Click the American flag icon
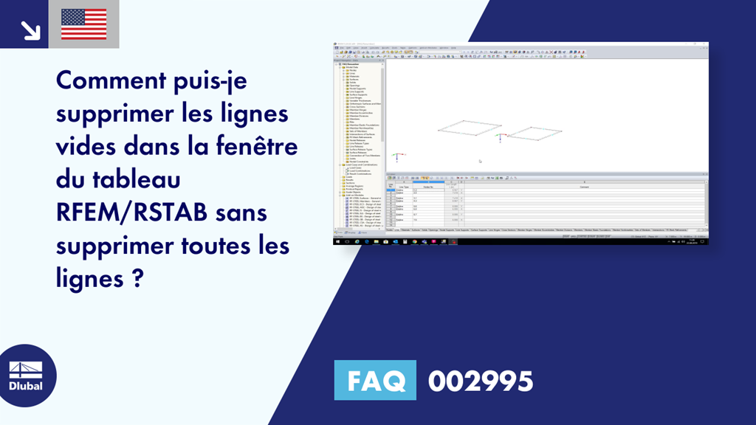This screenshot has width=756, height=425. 83,24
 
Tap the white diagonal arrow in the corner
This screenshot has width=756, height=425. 30,29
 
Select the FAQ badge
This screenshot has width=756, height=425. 375,381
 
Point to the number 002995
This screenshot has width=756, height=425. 480,381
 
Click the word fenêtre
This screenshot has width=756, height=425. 252,146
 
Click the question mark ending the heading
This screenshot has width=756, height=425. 138,278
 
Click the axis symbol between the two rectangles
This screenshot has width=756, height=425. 504,136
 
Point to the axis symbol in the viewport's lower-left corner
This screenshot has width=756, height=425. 396,157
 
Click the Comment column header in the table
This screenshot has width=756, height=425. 583,187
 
